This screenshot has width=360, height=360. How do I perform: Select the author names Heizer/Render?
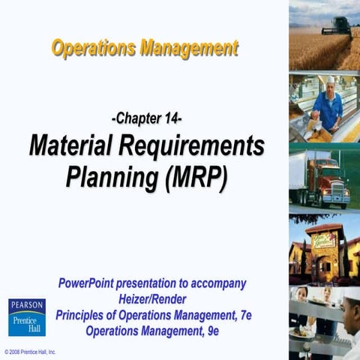tap(152, 299)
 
